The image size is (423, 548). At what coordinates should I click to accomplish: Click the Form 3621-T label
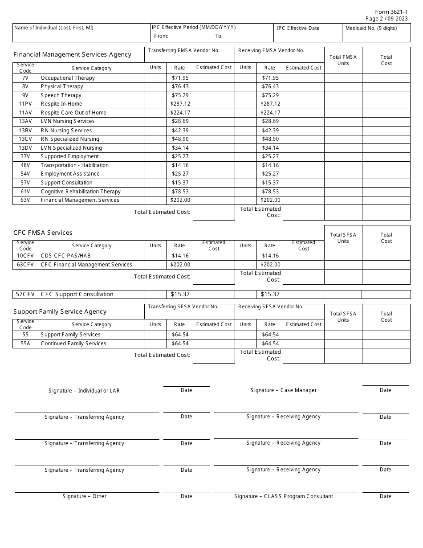pos(392,12)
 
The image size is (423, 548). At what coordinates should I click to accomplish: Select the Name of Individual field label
pos(54,28)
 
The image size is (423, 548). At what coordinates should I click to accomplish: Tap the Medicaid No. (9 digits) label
pos(371,28)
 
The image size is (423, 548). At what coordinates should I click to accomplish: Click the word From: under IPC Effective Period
pos(161,36)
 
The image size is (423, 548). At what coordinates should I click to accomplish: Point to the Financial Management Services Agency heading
pos(73,54)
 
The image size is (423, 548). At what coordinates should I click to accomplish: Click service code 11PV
pos(25,104)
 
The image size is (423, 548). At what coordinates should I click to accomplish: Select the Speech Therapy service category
pos(61,95)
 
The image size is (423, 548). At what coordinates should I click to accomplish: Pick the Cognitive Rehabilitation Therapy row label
pos(81,192)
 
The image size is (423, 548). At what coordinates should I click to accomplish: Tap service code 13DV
pos(25,148)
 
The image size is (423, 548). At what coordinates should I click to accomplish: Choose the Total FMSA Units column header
pos(343,60)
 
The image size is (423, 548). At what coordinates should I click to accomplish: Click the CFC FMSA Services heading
pos(43,233)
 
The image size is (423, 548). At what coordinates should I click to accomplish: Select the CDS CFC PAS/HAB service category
pos(66,256)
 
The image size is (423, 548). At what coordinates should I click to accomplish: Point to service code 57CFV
pos(25,294)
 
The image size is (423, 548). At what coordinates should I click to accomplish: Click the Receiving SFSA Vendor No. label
pos(271,307)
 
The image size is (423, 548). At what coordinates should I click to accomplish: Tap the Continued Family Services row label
pos(73,344)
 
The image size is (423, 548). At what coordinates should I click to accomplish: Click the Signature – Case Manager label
pos(284,390)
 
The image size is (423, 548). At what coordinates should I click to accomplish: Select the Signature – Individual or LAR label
pos(84,391)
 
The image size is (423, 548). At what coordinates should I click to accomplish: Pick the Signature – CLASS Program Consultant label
pos(284,496)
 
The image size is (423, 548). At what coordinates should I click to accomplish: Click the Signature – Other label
pos(85,496)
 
